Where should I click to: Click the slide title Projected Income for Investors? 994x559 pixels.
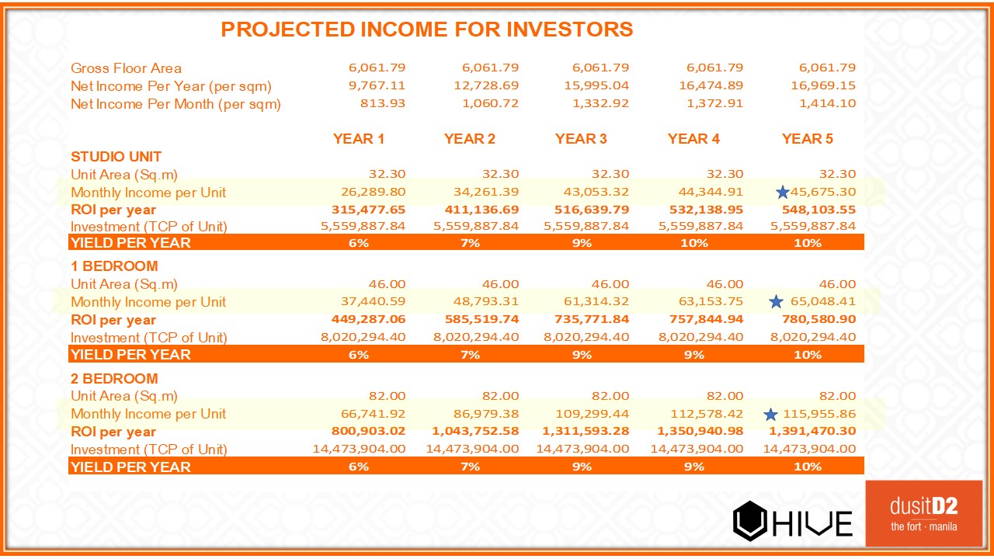tap(426, 30)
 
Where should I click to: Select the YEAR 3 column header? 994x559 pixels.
tap(581, 139)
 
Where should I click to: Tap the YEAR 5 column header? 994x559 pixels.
tap(807, 139)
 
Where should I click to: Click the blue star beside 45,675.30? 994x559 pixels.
tap(782, 192)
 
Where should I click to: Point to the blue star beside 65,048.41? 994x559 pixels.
tap(776, 302)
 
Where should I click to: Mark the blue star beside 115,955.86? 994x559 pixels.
tap(770, 415)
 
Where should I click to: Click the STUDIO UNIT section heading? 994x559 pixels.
tap(116, 157)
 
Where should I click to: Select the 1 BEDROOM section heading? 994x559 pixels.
tap(114, 266)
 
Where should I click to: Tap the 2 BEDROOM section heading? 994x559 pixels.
tap(114, 379)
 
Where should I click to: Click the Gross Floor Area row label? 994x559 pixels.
tap(126, 68)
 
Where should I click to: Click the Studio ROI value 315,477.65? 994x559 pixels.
tap(364, 210)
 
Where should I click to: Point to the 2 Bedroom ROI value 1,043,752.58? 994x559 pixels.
tap(473, 432)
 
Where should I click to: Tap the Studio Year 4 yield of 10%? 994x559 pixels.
tap(693, 243)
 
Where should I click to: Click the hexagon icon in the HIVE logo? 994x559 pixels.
tap(750, 520)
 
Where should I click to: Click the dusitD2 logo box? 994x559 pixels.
tap(923, 513)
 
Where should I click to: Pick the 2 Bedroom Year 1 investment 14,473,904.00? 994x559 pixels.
tap(359, 449)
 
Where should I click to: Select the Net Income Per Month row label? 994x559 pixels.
tap(176, 104)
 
